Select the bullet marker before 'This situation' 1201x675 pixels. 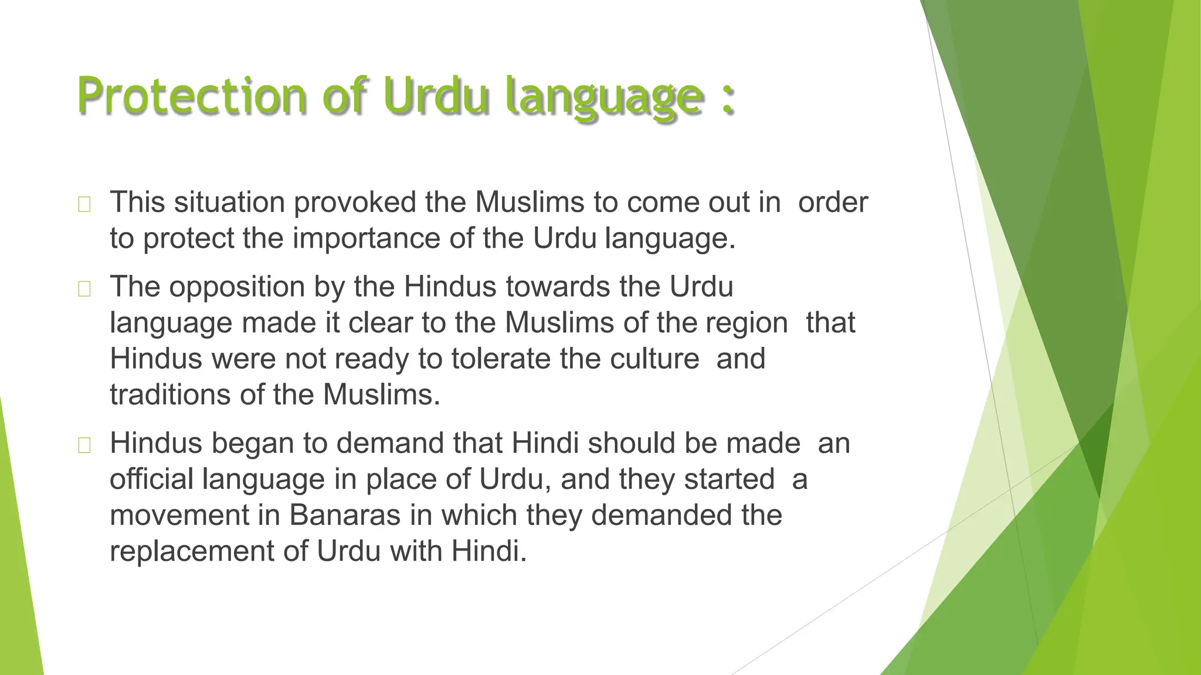coord(84,204)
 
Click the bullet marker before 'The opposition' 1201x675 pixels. coord(84,289)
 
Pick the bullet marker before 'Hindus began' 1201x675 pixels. coord(84,445)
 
